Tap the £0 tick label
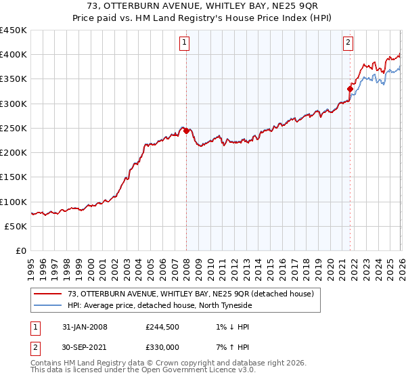pos(22,251)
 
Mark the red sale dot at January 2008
pos(186,131)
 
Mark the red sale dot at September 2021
pos(350,89)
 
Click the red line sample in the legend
pos(48,294)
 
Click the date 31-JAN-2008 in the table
pos(85,327)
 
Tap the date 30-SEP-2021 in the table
pos(85,347)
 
